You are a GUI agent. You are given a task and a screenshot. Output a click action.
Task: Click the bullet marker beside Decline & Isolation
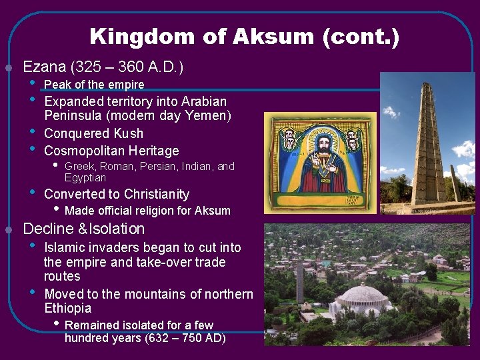pyautogui.click(x=9, y=230)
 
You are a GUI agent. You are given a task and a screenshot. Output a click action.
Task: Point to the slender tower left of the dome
pyautogui.click(x=300, y=280)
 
